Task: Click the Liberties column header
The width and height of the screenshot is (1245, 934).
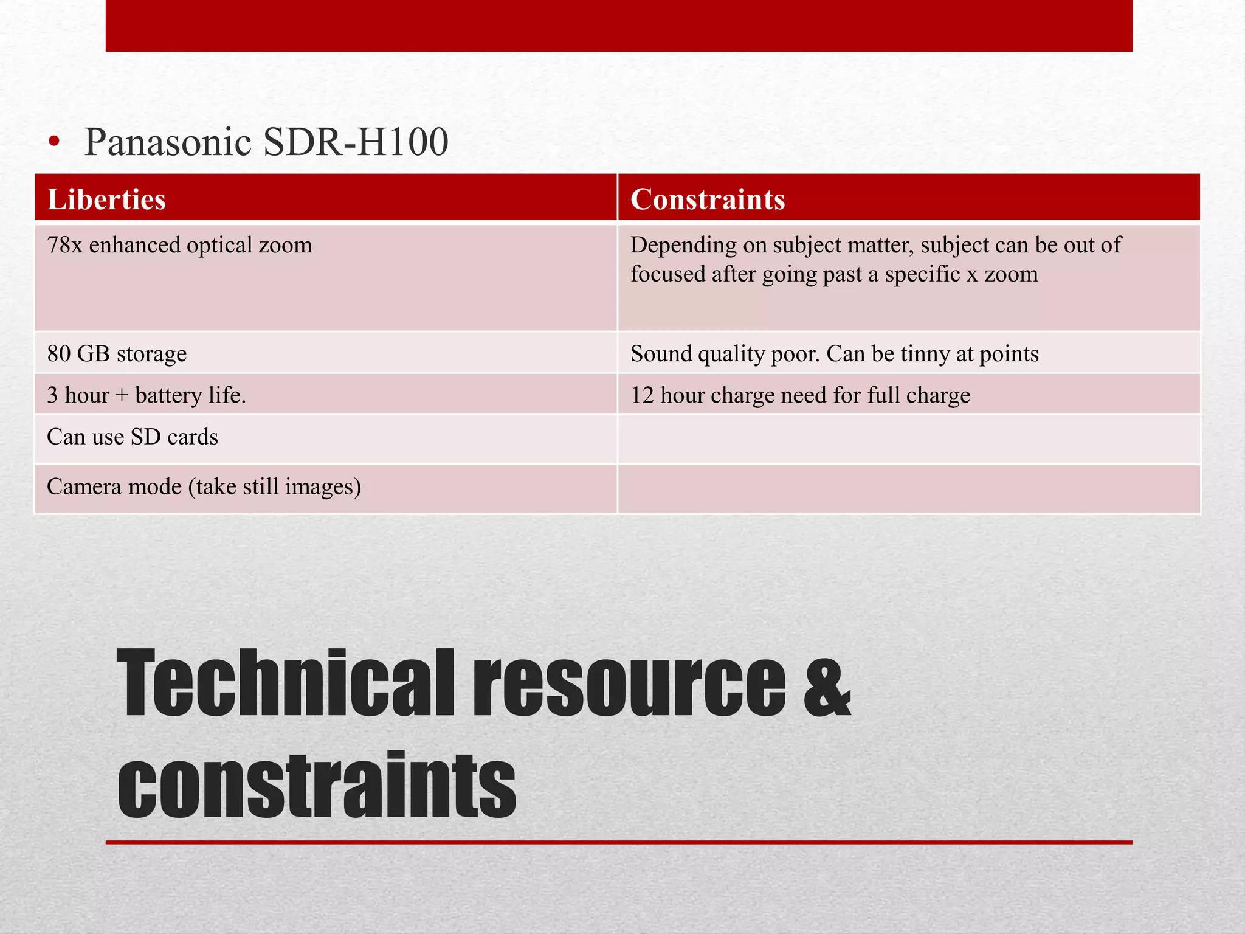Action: pos(106,199)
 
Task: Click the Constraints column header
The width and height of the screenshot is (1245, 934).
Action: pos(708,199)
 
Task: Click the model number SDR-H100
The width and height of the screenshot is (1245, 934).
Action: pos(356,142)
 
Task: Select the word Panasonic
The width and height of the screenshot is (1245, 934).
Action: pos(168,142)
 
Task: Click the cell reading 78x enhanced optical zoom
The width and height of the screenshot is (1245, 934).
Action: pos(179,245)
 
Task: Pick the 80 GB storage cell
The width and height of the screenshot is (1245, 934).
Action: pos(117,353)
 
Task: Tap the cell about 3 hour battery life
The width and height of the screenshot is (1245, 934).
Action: pos(147,395)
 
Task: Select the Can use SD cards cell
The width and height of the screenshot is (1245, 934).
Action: pos(133,437)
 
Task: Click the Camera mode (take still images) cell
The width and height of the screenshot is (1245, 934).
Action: pos(204,487)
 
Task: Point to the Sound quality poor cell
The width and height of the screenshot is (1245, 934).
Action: pos(834,353)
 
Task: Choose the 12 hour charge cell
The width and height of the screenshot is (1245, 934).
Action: pos(800,395)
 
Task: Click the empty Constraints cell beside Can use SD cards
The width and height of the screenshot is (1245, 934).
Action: pos(909,439)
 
